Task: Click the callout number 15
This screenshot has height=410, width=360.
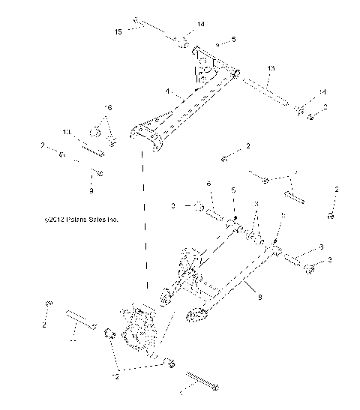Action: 118,31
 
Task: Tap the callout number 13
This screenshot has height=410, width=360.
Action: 271,68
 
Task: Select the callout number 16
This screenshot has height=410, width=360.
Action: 108,108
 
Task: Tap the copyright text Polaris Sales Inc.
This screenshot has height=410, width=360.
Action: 81,220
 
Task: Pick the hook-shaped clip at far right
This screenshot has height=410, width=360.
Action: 330,214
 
